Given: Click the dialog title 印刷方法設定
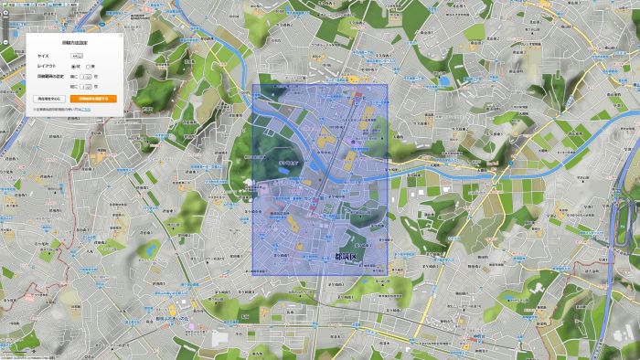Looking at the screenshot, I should pos(75,43).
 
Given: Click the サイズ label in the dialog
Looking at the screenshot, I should pos(43,57).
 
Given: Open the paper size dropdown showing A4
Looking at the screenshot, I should pos(76,57).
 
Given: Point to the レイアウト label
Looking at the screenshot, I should pos(47,67).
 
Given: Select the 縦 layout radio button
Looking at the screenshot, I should pos(73,67).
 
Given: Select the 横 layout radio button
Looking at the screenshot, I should pos(88,67).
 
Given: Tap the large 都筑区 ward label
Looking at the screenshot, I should pos(352,259).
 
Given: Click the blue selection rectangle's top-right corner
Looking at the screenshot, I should pos(388,87).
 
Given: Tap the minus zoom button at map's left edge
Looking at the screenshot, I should pos(3,43).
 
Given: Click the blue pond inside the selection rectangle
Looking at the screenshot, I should pos(363,142).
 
